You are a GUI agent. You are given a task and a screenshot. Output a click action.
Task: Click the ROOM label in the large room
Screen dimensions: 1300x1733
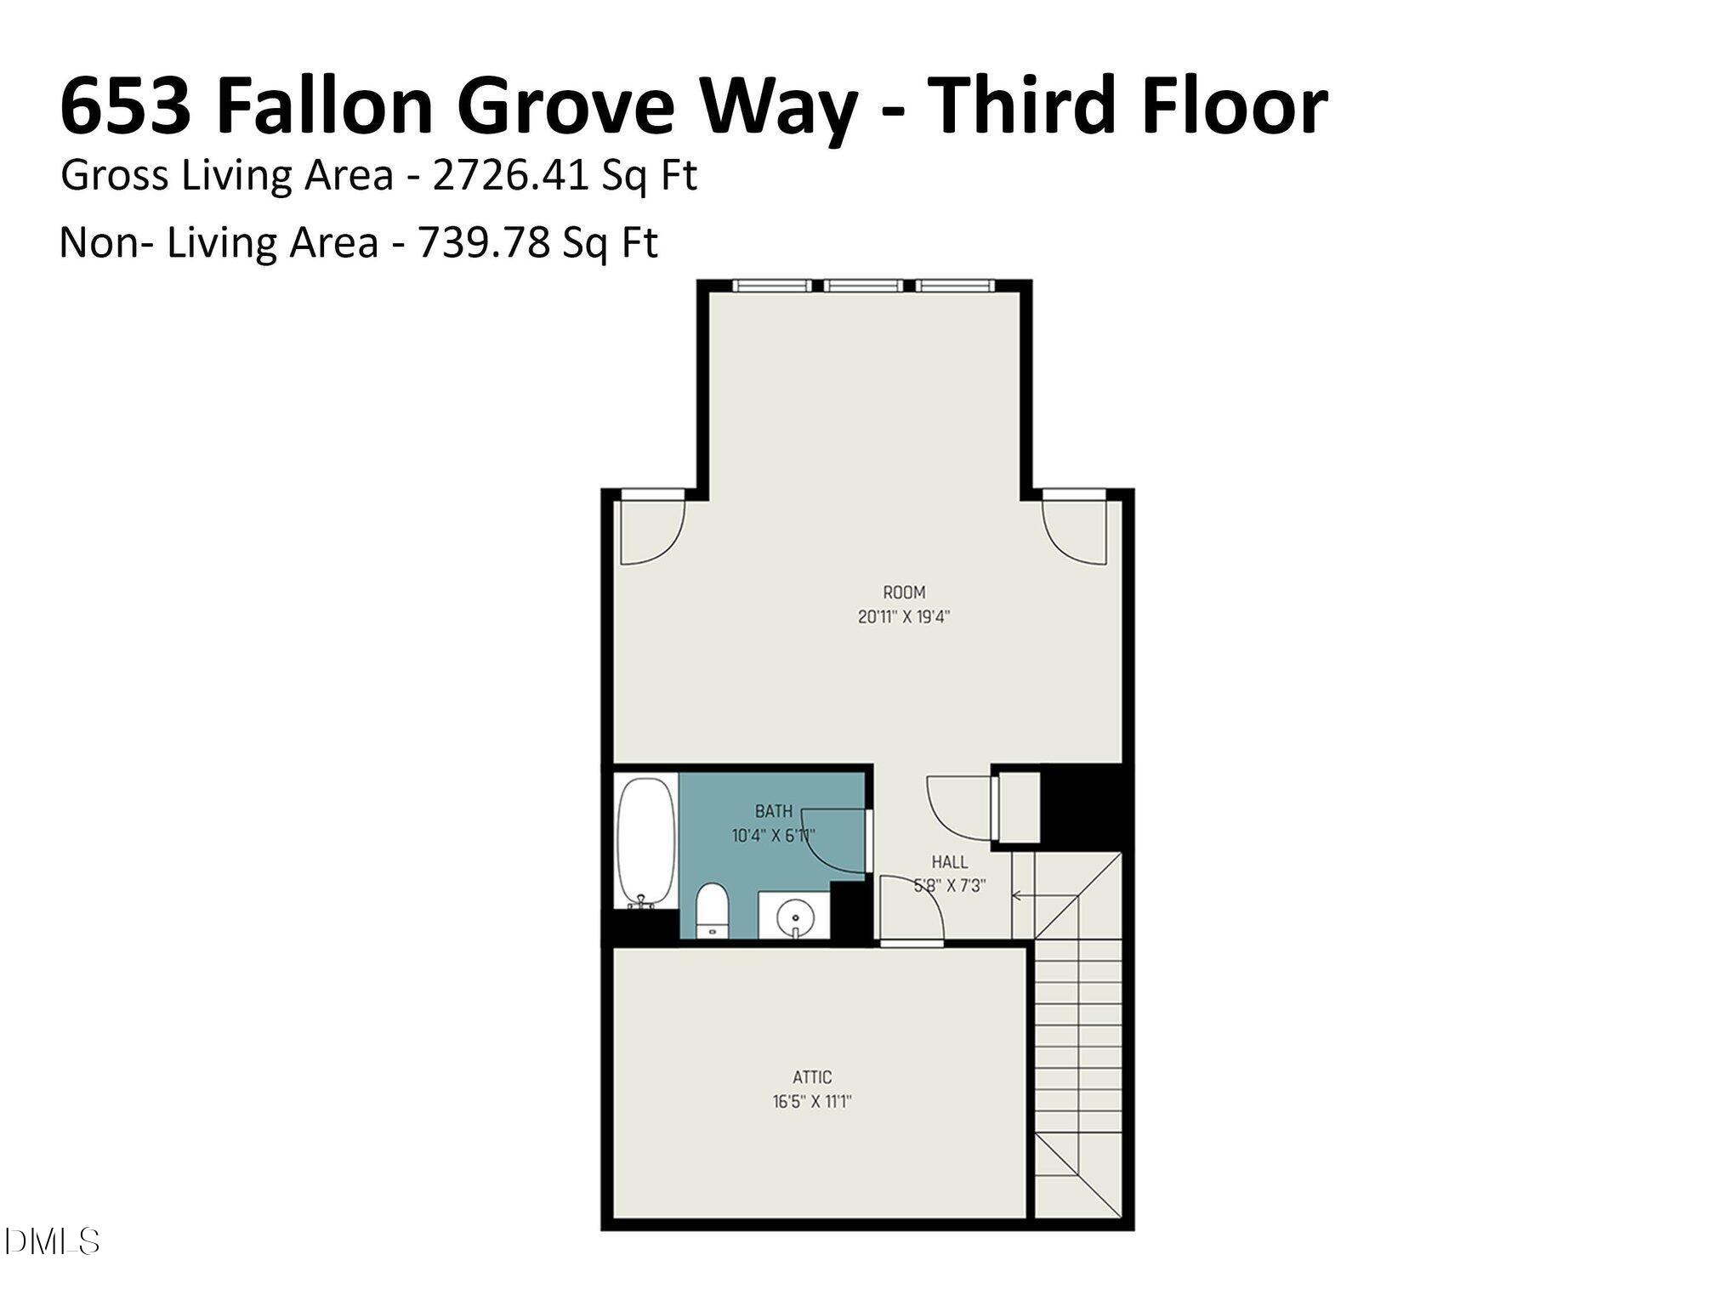coord(903,592)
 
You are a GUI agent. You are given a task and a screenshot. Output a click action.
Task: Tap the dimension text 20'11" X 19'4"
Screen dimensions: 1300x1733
coord(903,617)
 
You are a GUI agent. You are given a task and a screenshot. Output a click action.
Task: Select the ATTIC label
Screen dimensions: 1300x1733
coord(812,1077)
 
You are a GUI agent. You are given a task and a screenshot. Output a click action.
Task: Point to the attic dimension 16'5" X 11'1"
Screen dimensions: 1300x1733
coord(812,1102)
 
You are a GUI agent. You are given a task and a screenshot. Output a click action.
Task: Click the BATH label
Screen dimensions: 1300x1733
coord(773,811)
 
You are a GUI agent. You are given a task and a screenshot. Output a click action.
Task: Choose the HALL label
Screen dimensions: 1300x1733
coord(949,861)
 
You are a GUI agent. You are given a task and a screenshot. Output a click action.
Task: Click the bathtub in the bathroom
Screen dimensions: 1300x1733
coord(645,842)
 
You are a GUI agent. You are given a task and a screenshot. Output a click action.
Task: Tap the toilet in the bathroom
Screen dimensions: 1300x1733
coord(712,910)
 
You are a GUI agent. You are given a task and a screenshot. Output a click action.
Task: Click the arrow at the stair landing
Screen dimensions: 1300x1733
coord(1020,894)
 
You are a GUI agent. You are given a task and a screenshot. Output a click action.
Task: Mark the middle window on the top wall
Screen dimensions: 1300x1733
coord(863,286)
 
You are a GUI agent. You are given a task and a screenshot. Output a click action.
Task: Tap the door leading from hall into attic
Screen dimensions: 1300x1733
coord(912,914)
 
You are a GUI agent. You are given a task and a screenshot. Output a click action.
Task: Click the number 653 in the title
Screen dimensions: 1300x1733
coord(126,105)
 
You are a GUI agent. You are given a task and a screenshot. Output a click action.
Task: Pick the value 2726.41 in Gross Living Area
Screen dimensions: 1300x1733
coord(510,176)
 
